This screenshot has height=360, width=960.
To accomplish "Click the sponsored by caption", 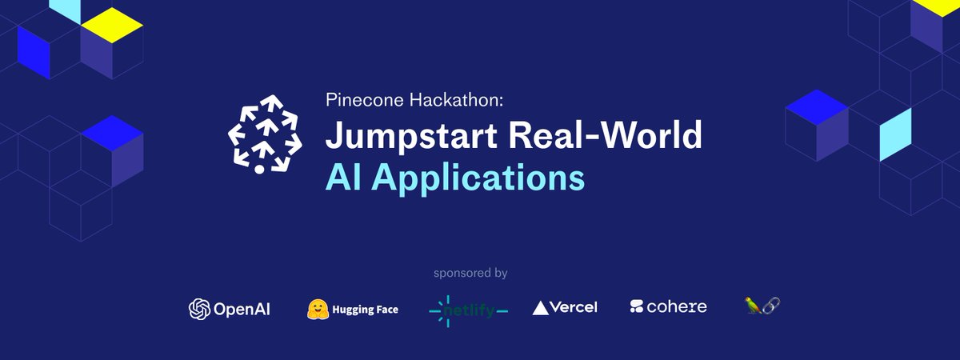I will point(470,273).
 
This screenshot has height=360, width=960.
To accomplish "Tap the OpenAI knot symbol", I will point(198,309).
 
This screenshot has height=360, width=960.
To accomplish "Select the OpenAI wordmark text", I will point(241,309).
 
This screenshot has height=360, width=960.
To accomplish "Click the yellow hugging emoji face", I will point(319,309).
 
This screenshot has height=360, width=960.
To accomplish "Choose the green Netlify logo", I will point(468,310).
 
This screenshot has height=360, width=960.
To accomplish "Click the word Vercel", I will point(574,307).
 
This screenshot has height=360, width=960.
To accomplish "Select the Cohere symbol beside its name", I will point(637,306).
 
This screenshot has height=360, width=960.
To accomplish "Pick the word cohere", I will point(677,306).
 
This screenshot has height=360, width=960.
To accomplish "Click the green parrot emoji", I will point(752,305).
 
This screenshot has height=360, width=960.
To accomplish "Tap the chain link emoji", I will point(771,305).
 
